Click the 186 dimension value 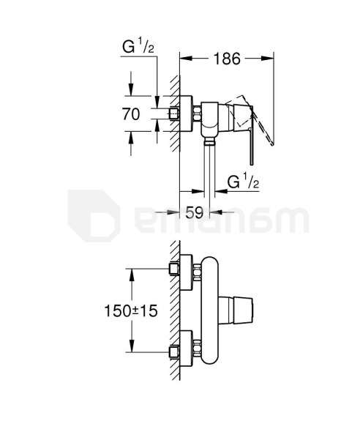(x=227, y=59)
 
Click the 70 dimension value (x=131, y=114)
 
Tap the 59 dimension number (x=195, y=212)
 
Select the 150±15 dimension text (x=131, y=310)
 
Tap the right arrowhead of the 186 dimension (x=268, y=59)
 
